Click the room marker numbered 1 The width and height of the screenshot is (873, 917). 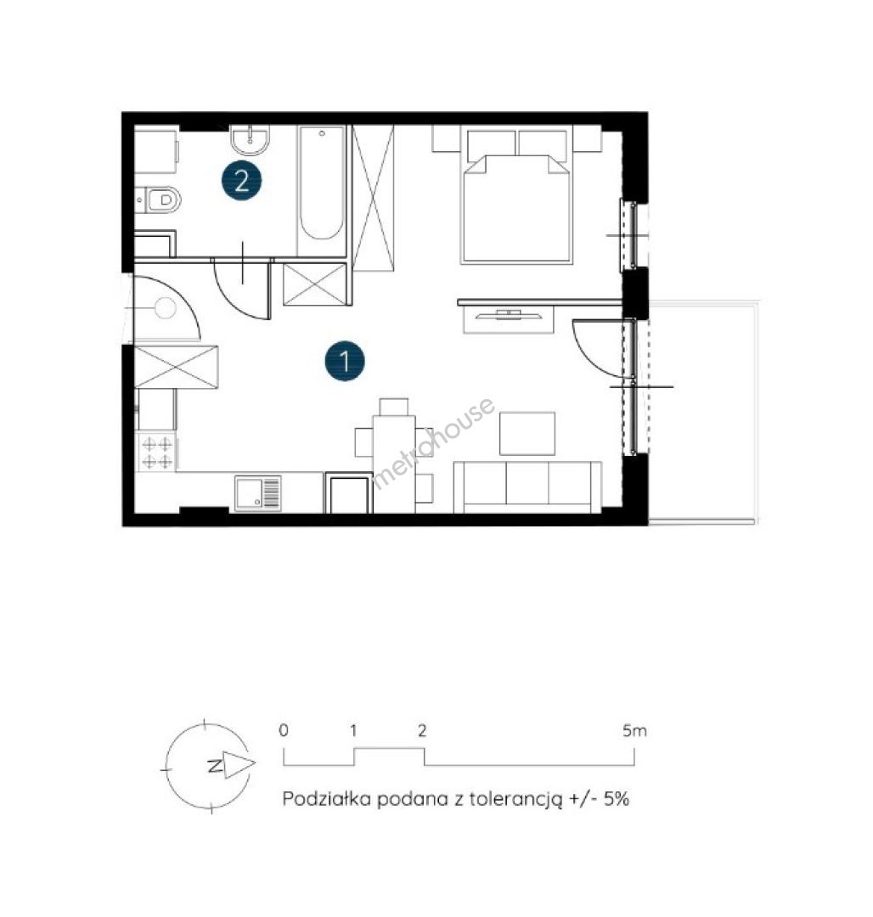(345, 361)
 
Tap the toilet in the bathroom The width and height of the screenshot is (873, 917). (158, 200)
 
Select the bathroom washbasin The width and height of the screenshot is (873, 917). (251, 140)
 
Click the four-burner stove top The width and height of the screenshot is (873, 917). (157, 453)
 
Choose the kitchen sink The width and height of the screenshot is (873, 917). (258, 493)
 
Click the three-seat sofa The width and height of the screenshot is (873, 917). (527, 487)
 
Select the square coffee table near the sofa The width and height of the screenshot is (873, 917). (527, 433)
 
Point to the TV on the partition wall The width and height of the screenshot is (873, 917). (508, 317)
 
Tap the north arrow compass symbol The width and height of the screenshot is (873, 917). (209, 766)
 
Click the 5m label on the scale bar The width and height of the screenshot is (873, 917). (635, 730)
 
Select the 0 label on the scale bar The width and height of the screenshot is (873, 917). (284, 730)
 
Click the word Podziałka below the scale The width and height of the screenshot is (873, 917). (327, 798)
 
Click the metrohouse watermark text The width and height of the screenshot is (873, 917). (433, 442)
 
